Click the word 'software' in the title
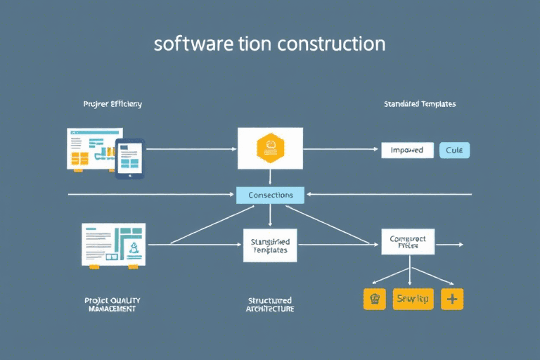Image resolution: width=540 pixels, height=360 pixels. point(185,44)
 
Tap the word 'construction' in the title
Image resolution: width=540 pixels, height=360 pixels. point(331,44)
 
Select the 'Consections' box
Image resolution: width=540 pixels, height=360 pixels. point(270,195)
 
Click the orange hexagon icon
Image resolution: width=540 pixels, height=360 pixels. point(270,148)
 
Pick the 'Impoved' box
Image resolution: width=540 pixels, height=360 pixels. point(407,150)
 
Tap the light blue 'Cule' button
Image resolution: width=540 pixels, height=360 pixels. point(454,150)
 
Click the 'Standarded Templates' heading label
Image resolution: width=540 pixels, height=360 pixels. point(420,104)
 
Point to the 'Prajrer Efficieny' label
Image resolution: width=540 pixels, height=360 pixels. point(112,104)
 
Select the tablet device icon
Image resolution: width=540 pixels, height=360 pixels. point(130,158)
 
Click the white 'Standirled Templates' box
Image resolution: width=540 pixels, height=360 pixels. point(270,245)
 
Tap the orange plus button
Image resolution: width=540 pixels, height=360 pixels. point(451,299)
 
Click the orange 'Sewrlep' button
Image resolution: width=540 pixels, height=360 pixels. point(413,299)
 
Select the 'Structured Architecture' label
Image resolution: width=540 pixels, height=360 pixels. point(270,304)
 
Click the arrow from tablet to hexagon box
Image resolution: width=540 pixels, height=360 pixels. point(190,149)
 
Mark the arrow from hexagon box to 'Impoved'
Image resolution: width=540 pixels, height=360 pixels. point(341,149)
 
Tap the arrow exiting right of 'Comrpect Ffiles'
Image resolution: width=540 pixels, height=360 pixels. point(450,245)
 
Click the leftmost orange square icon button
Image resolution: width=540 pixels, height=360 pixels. point(375,299)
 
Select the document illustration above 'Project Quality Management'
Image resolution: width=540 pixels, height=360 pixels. point(113,244)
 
